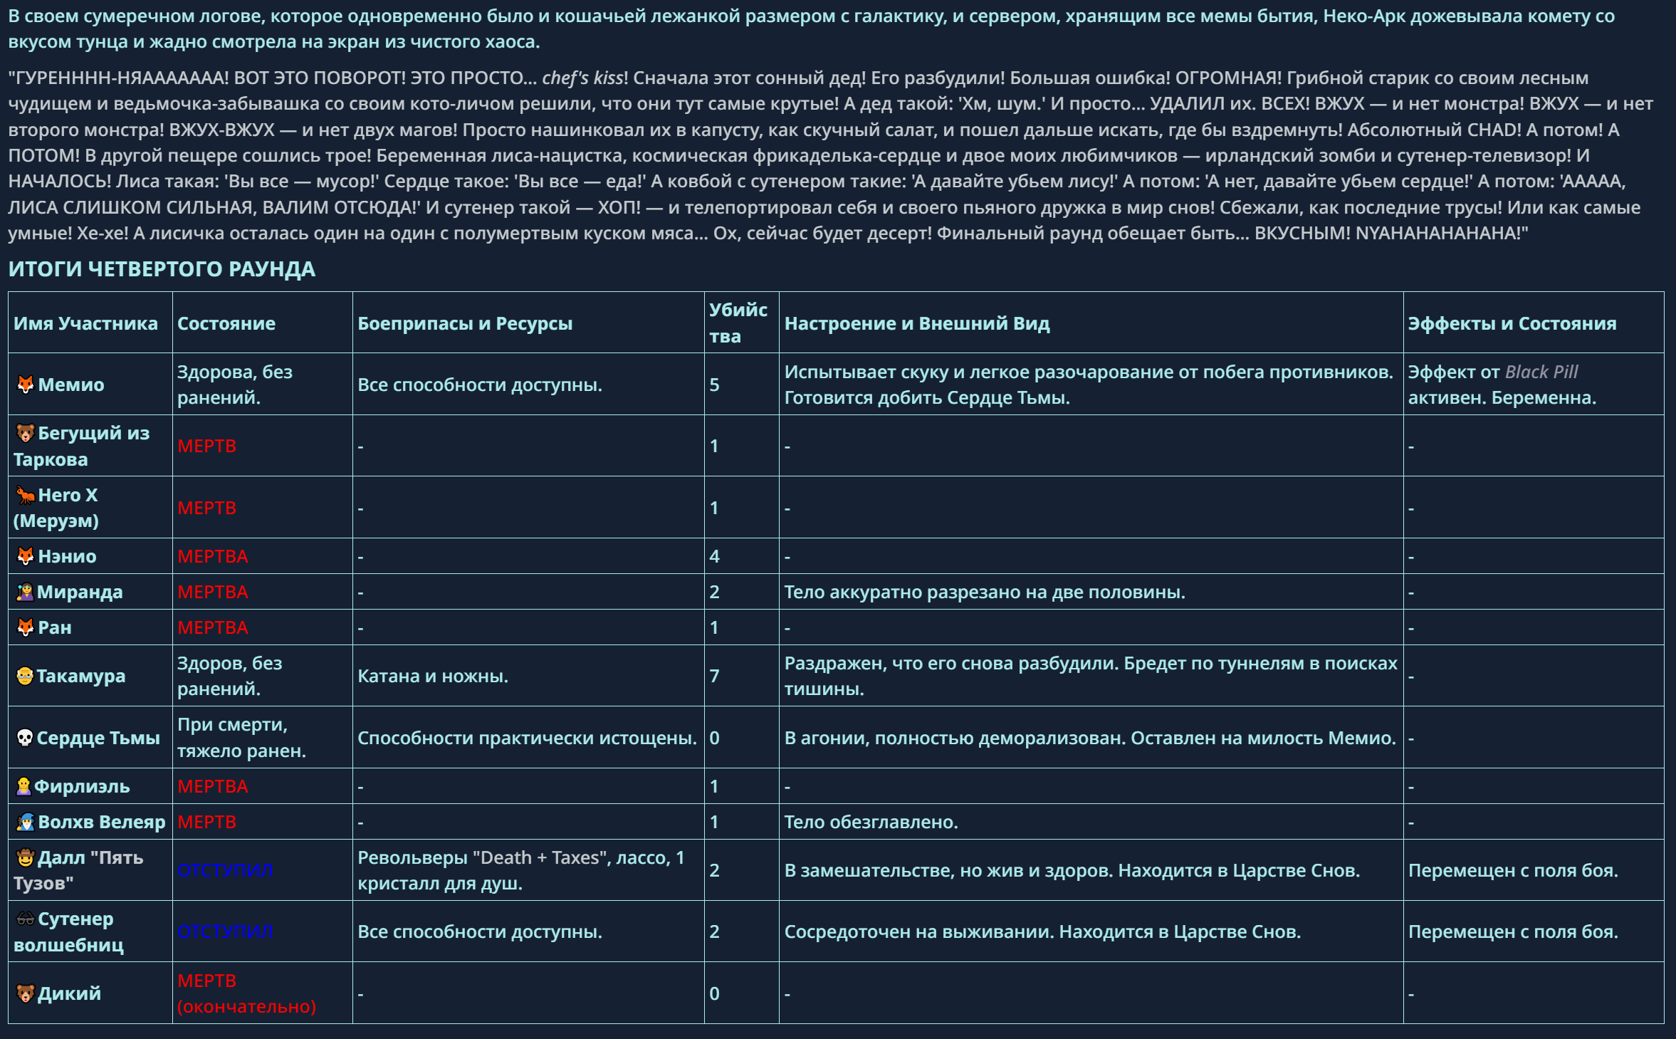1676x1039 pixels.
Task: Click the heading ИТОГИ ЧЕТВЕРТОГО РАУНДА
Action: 162,269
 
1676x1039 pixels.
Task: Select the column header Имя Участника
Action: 85,323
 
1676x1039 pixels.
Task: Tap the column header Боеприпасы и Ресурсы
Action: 464,323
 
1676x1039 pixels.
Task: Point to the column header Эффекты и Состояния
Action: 1512,323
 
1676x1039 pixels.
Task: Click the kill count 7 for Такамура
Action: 714,676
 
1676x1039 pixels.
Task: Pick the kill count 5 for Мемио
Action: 714,385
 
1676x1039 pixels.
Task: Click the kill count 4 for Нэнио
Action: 714,556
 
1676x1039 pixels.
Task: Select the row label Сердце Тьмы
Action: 98,738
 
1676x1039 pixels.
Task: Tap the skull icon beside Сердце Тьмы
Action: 25,738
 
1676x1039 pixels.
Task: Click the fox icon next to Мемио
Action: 26,385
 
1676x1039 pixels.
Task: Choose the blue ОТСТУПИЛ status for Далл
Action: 225,870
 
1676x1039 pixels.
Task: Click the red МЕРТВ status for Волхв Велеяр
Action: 206,822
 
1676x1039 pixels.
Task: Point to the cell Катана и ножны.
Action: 432,676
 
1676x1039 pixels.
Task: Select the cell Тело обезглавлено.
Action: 871,822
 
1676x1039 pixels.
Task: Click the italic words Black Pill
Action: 1541,372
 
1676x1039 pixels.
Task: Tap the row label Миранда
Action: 79,592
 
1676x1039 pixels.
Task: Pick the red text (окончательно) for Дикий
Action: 246,1006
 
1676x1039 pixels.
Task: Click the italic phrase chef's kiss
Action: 582,78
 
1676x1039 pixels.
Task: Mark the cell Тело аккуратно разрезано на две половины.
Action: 984,592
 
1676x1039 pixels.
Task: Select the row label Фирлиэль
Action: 82,786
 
